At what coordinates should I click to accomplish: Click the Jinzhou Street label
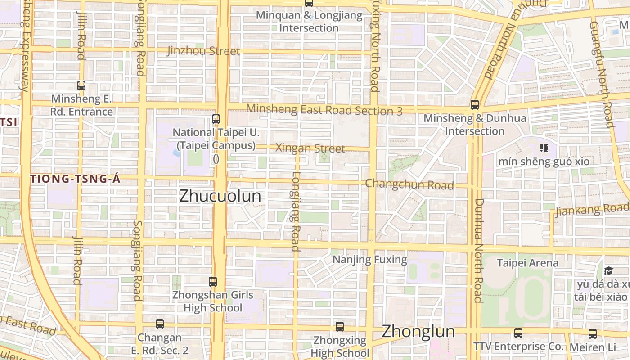click(204, 51)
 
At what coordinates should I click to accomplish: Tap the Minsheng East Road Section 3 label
click(324, 109)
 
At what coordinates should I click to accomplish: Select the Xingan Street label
click(310, 148)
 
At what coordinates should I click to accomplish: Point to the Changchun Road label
click(409, 184)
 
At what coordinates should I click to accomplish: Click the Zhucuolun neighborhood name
click(220, 196)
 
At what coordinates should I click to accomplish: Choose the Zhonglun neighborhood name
click(418, 332)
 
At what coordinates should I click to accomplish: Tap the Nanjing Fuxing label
click(369, 260)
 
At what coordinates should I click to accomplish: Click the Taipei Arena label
click(527, 263)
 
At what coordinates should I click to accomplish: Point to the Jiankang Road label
click(591, 210)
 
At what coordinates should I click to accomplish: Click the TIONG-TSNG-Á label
click(76, 179)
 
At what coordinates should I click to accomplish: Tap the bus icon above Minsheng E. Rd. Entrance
click(81, 85)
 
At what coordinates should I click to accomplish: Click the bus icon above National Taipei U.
click(216, 119)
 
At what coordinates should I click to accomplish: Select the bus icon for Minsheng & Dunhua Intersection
click(475, 105)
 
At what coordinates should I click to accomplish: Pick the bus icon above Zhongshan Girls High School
click(213, 282)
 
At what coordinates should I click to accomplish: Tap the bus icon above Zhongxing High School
click(340, 326)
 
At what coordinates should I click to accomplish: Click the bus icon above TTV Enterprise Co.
click(518, 333)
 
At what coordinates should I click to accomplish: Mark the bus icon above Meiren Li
click(593, 334)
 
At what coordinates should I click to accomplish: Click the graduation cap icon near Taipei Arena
click(608, 270)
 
